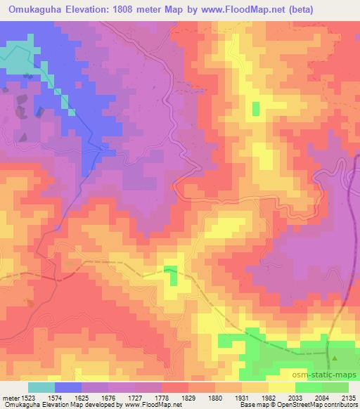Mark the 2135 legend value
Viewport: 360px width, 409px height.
346,397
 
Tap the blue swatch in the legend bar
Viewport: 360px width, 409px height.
67,387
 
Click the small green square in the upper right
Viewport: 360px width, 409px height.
255,108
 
